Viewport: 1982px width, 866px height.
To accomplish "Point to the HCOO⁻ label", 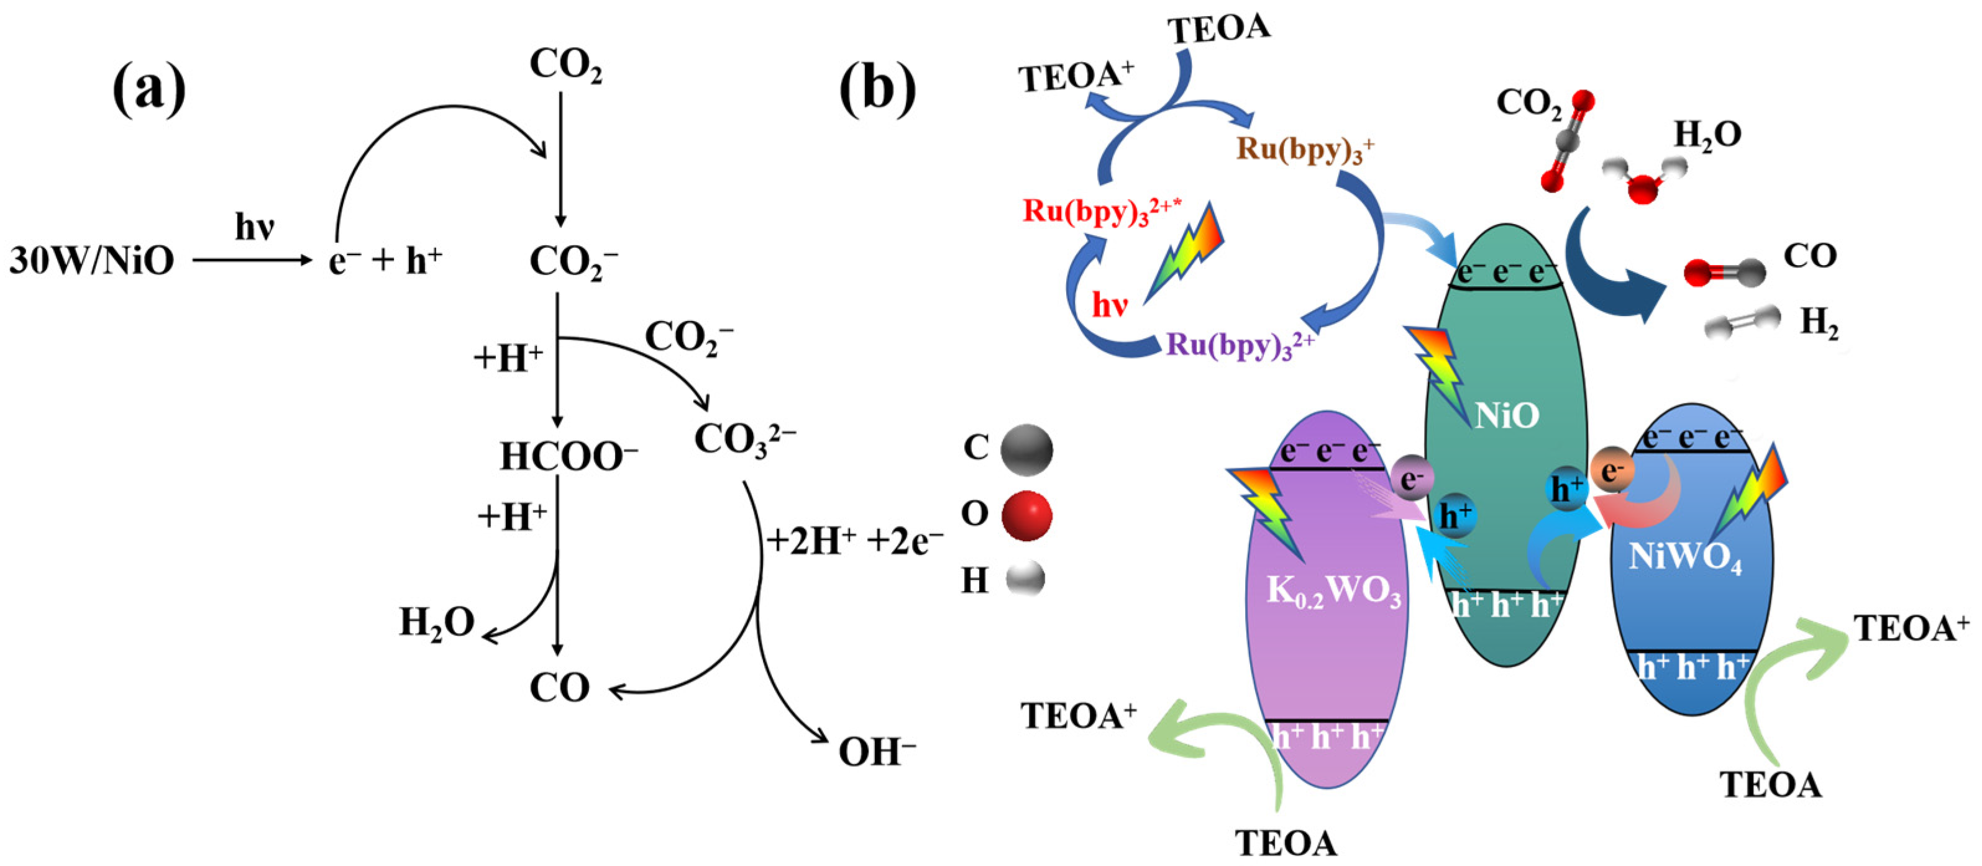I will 569,456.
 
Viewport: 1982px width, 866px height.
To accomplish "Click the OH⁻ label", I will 876,751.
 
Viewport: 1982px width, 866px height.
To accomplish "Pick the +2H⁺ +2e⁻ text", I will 854,542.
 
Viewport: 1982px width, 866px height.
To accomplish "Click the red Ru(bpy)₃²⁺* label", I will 1101,212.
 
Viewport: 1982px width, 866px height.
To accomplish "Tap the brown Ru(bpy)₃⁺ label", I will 1305,149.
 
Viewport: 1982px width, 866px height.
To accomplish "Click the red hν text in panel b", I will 1110,305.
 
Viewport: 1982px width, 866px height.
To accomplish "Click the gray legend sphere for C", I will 1026,450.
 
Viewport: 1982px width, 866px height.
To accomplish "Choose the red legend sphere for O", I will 1026,515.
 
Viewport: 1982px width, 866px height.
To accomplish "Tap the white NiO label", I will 1507,415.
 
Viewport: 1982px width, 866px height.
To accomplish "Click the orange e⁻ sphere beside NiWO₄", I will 1611,470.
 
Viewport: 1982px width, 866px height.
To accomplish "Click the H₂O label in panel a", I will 436,622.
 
